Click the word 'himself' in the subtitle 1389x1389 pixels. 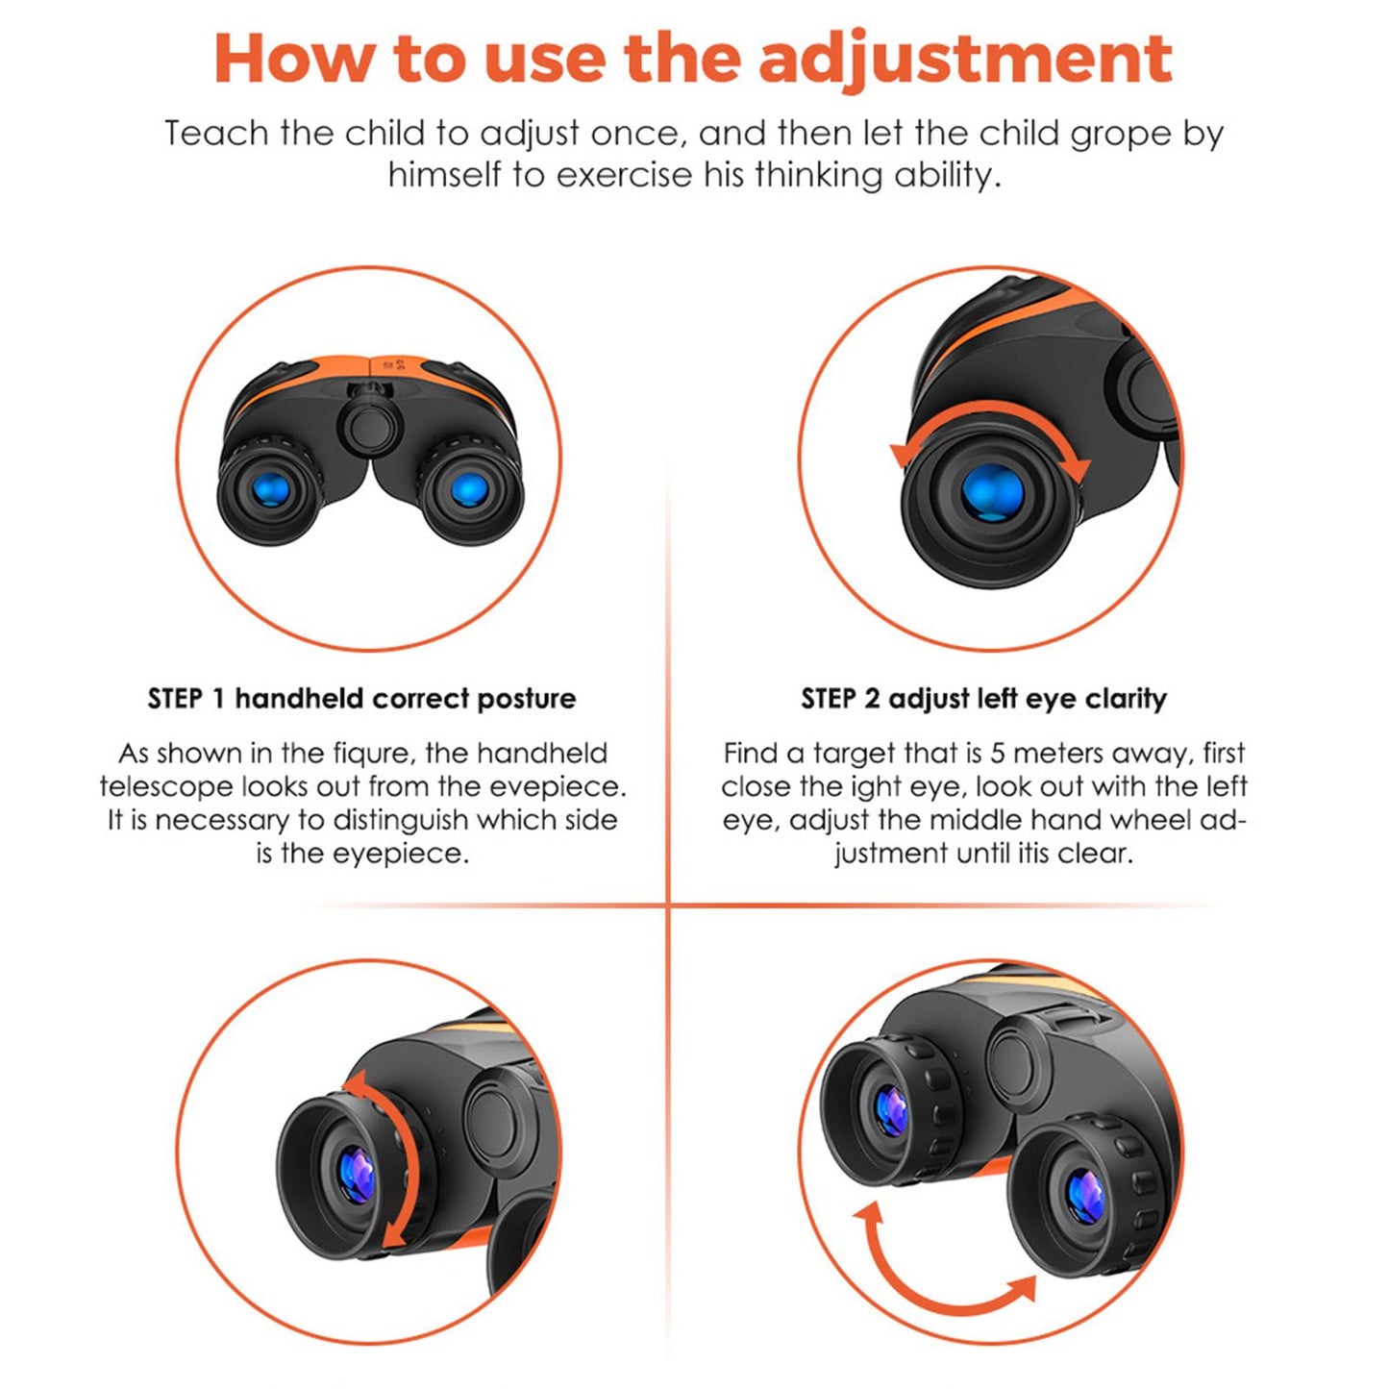click(444, 174)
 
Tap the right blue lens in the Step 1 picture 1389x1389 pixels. click(469, 489)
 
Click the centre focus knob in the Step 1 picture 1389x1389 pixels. click(369, 427)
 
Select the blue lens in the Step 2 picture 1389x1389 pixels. click(992, 492)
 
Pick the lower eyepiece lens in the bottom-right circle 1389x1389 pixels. click(1085, 1196)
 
